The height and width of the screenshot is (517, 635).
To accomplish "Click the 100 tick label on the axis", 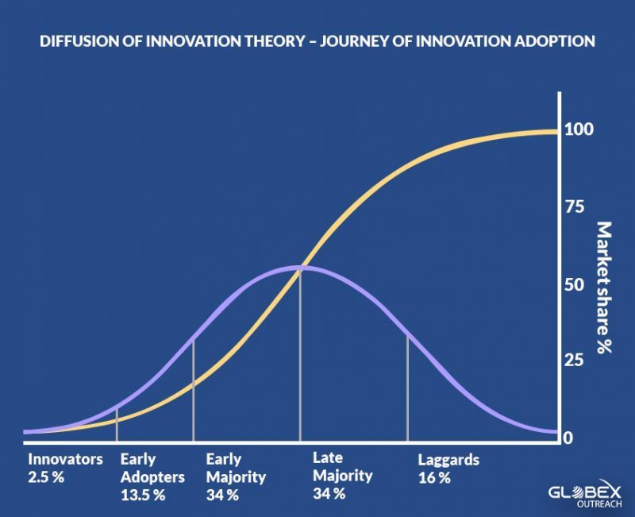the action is [x=579, y=129].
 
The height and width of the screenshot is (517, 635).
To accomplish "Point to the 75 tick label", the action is [x=575, y=207].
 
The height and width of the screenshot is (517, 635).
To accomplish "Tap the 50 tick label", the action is [x=575, y=285].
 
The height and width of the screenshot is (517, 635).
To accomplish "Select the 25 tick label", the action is [x=574, y=360].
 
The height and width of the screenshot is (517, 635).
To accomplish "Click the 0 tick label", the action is [x=568, y=438].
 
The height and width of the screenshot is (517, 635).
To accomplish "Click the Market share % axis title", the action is [x=604, y=287].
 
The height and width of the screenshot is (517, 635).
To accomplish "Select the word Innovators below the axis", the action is [x=65, y=459].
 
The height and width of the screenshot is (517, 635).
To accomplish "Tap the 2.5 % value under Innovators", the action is [x=46, y=476].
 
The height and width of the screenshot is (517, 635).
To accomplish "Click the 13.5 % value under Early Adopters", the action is [x=143, y=495].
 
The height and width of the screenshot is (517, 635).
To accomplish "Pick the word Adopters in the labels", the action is [x=152, y=478].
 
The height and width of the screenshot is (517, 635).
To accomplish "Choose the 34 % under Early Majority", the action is [x=222, y=495].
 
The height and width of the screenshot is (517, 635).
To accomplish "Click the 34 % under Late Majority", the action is [x=329, y=493].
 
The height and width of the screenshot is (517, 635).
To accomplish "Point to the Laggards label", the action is [x=448, y=461].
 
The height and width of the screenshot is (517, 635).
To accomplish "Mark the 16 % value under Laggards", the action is [x=434, y=478].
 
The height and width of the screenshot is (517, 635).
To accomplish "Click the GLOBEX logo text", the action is [x=584, y=492].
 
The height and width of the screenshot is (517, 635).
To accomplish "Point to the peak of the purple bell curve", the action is [x=300, y=267].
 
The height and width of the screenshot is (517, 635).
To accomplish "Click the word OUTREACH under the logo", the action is [x=599, y=504].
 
